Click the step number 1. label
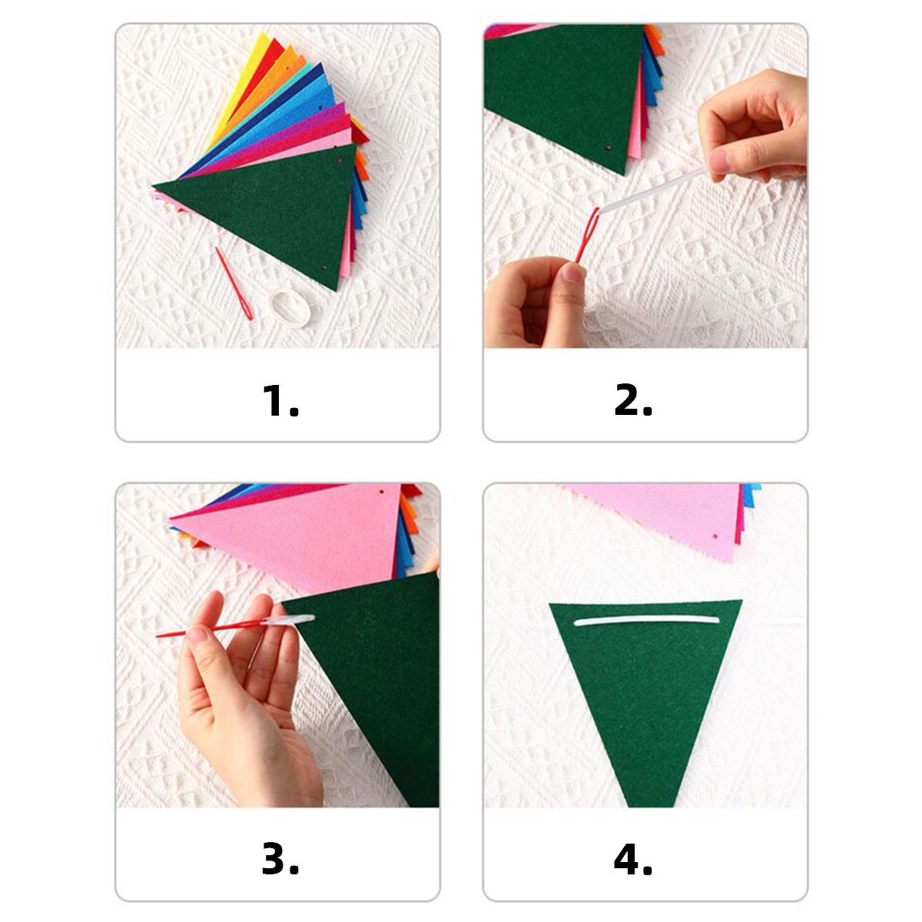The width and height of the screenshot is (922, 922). (280, 400)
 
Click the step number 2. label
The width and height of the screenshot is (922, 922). (633, 400)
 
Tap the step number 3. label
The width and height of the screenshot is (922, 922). (280, 861)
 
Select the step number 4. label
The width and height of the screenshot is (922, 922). (633, 861)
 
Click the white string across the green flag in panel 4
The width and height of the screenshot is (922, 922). (645, 621)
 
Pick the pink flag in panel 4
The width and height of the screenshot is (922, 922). (653, 515)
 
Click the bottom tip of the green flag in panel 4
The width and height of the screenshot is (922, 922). (646, 799)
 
